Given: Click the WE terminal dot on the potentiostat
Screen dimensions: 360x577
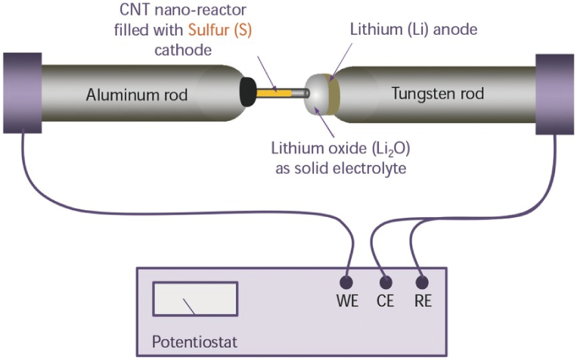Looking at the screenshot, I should pos(347,284).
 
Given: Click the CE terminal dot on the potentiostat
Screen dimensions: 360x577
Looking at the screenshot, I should pos(386,284).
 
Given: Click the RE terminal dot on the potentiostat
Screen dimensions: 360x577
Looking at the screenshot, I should pos(423,284).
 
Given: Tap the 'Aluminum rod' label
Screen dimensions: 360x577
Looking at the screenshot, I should pos(136,94).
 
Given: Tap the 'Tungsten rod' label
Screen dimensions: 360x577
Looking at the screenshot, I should pos(438,94).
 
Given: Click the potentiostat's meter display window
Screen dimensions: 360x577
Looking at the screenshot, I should pos(195,299).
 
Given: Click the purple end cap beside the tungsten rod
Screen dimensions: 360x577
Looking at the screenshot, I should pos(554,94).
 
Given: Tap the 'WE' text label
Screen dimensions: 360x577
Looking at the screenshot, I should pos(347,302).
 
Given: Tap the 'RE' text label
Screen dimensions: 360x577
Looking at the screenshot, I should pos(423,302).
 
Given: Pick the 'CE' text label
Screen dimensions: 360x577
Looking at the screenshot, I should pos(385,302).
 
